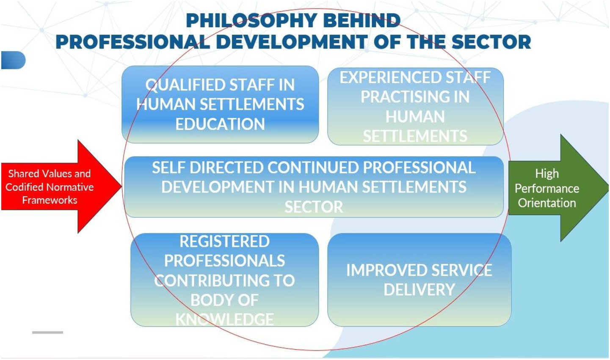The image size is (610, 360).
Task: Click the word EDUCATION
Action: pyautogui.click(x=220, y=124)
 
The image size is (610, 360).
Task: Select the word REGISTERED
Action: pyautogui.click(x=225, y=242)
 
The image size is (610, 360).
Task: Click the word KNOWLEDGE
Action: pyautogui.click(x=225, y=319)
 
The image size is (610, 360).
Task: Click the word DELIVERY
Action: pyautogui.click(x=420, y=289)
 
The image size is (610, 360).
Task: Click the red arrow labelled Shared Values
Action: pyautogui.click(x=61, y=187)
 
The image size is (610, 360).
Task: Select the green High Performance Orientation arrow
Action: pyautogui.click(x=558, y=188)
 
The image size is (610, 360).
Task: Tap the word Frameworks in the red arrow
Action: pyautogui.click(x=50, y=200)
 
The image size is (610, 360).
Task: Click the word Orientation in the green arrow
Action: pyautogui.click(x=547, y=203)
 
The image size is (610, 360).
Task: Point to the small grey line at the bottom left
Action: pyautogui.click(x=48, y=332)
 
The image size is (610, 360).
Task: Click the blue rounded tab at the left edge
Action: pyautogui.click(x=14, y=60)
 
